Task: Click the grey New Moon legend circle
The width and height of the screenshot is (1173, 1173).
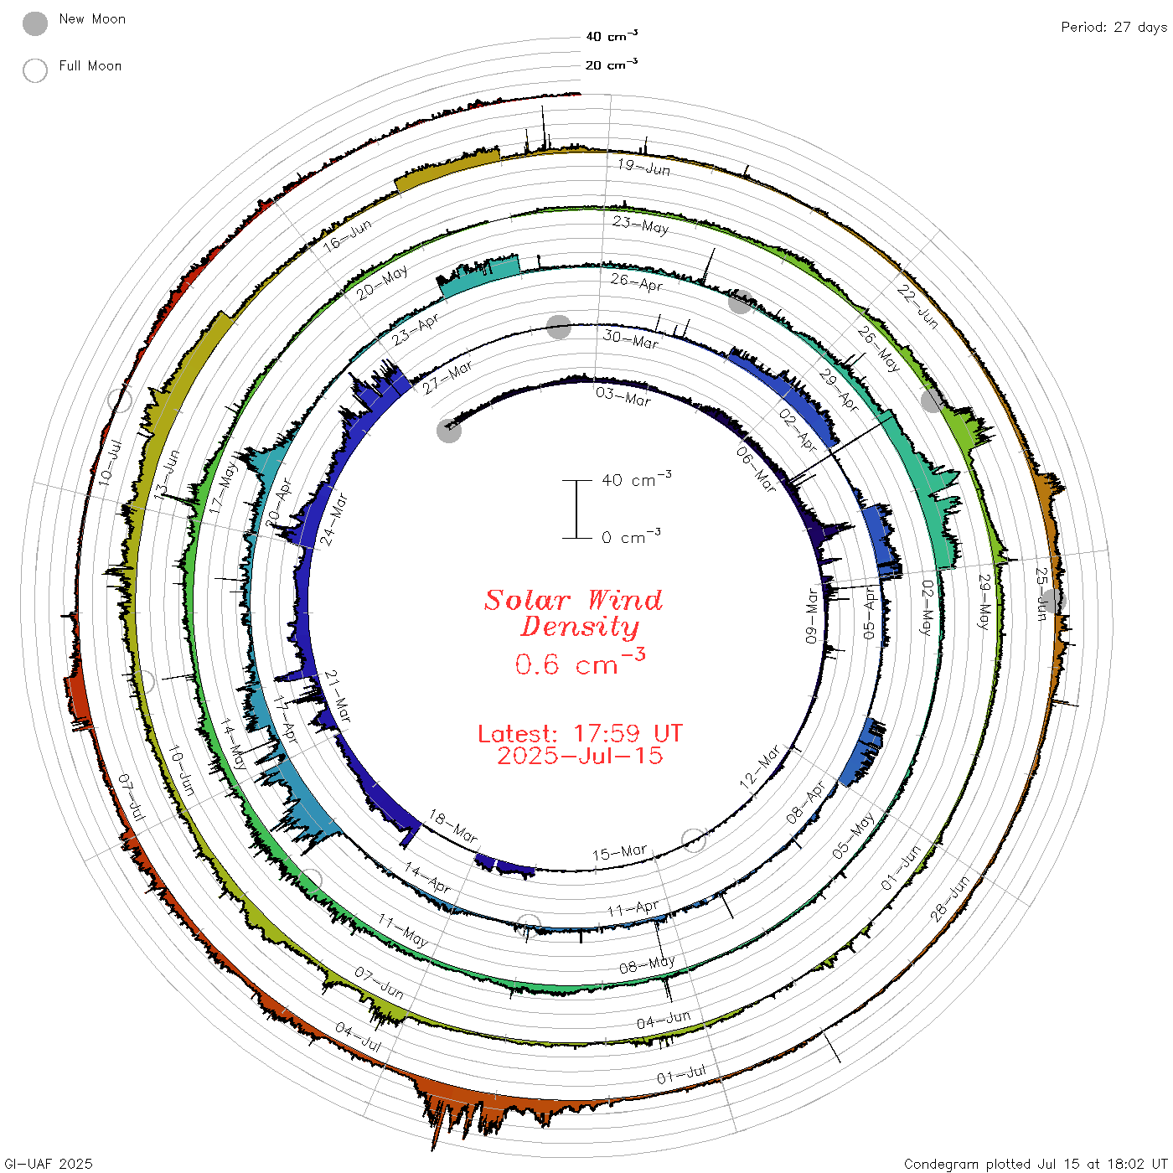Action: click(x=34, y=23)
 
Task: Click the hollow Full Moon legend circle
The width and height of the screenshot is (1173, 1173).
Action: click(x=34, y=70)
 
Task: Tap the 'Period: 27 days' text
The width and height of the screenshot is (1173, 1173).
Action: click(x=1114, y=28)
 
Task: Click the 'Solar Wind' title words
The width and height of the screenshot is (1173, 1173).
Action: click(x=573, y=600)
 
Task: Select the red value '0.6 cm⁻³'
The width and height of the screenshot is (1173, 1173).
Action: click(x=580, y=662)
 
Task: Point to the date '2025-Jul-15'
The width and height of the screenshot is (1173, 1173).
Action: click(x=580, y=756)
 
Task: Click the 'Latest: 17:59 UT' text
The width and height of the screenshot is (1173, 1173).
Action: click(x=580, y=733)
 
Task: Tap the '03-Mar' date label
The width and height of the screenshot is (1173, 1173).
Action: click(x=623, y=396)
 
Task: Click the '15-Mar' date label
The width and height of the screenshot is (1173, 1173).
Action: click(x=619, y=853)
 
